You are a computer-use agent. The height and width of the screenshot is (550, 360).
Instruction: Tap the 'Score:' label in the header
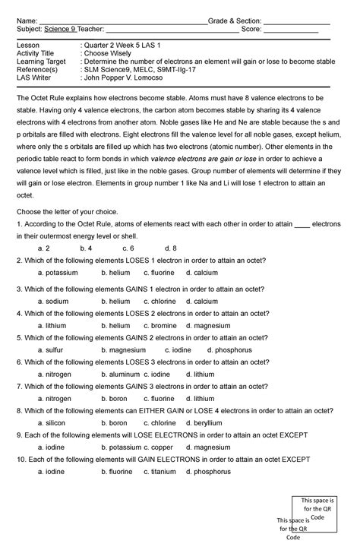(251, 30)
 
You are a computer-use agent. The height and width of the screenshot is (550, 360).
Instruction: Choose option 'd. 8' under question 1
(170, 248)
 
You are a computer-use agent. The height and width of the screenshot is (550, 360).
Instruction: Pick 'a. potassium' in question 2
(58, 272)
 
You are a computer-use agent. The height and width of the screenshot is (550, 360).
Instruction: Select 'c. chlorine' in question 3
(159, 301)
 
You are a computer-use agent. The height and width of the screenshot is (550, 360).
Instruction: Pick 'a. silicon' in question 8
(52, 422)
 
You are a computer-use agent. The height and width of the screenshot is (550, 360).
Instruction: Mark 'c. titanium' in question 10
(159, 471)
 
